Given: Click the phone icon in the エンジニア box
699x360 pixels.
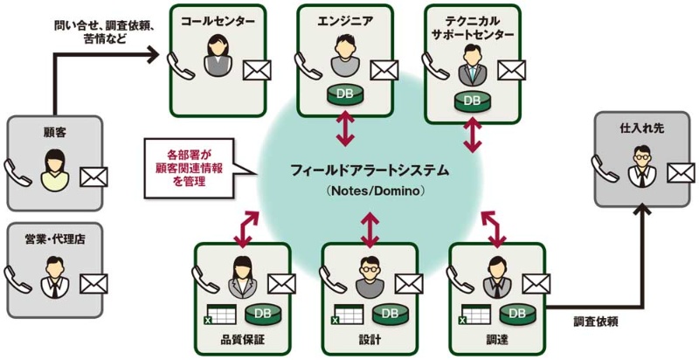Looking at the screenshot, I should click(x=305, y=64).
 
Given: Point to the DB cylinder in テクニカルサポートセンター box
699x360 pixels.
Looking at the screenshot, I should click(x=472, y=100).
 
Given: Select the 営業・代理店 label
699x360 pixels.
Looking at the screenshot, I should click(x=55, y=237).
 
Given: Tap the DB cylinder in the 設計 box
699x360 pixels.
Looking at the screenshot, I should click(x=389, y=312).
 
